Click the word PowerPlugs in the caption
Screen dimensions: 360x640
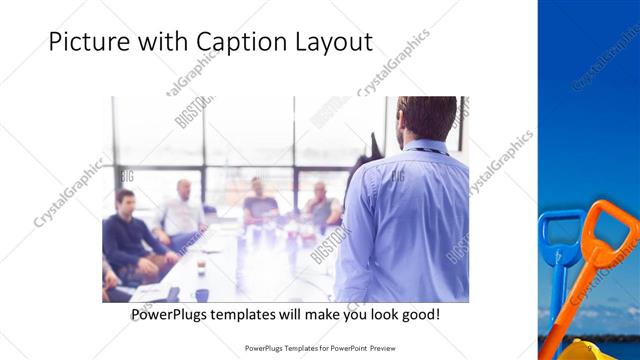[171, 314]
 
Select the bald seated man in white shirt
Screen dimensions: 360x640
[181, 213]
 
